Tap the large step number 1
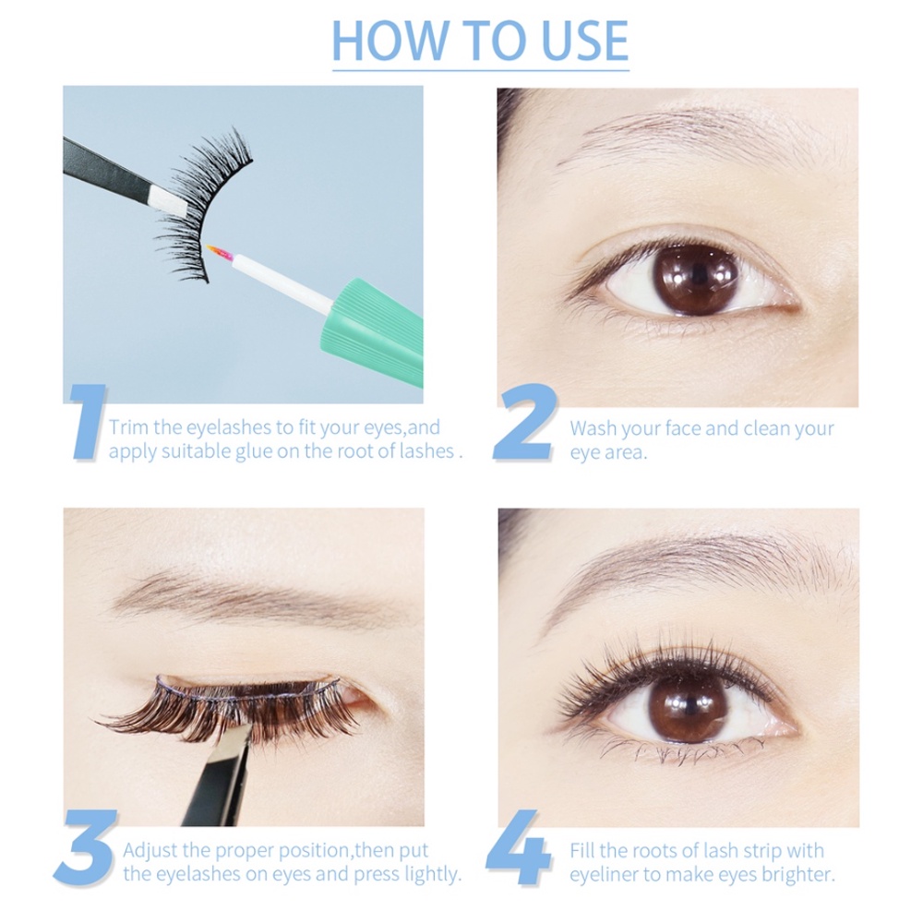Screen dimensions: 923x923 [x=87, y=421]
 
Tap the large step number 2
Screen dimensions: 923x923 [x=524, y=421]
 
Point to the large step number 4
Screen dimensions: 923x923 [x=518, y=847]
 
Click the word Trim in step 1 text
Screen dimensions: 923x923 [x=127, y=427]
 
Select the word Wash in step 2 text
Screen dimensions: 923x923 [x=593, y=428]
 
